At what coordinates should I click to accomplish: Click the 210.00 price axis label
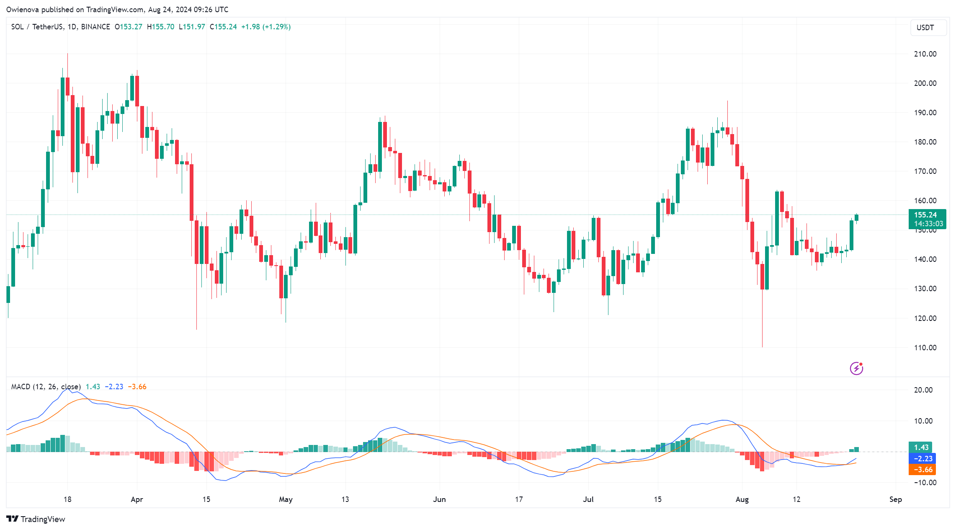(925, 54)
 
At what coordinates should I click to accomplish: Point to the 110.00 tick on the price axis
(925, 348)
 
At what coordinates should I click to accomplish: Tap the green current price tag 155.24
(927, 215)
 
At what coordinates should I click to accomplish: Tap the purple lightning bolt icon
(856, 368)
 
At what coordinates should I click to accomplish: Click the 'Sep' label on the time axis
(895, 499)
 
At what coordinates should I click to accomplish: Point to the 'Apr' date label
(137, 499)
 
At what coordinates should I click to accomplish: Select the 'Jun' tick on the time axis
(439, 499)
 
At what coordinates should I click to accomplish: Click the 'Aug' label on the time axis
(742, 499)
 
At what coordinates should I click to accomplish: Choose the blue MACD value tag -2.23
(923, 459)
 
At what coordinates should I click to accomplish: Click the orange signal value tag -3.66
(923, 470)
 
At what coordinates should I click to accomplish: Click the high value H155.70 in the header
(160, 27)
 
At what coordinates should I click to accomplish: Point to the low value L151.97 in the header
(192, 27)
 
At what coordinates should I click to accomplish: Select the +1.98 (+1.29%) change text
(266, 27)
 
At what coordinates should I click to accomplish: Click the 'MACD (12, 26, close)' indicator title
(46, 387)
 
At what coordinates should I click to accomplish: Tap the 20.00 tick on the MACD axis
(923, 390)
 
